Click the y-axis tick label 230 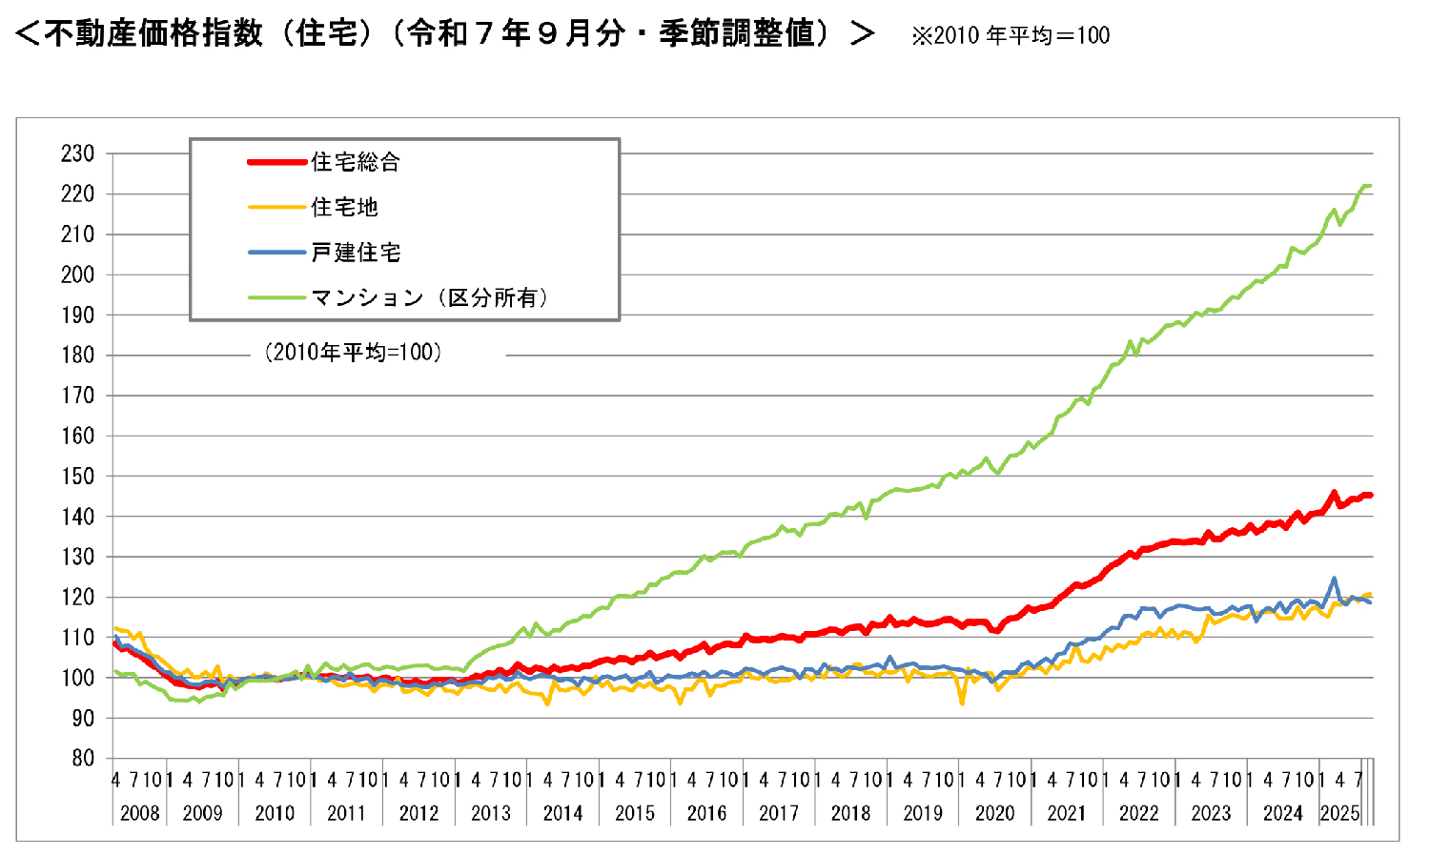pyautogui.click(x=77, y=153)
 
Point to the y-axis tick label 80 pyautogui.click(x=83, y=759)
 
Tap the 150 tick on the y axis pyautogui.click(x=77, y=477)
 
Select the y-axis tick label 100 pyautogui.click(x=77, y=678)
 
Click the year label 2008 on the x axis pyautogui.click(x=139, y=814)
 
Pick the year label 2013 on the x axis pyautogui.click(x=491, y=814)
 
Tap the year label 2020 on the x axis pyautogui.click(x=994, y=814)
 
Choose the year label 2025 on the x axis pyautogui.click(x=1339, y=814)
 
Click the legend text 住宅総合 pyautogui.click(x=356, y=162)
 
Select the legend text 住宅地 pyautogui.click(x=344, y=207)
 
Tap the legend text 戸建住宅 pyautogui.click(x=356, y=253)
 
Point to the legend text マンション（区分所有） pyautogui.click(x=430, y=297)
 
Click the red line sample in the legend pyautogui.click(x=277, y=162)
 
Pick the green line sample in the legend pyautogui.click(x=277, y=297)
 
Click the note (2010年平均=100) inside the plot pyautogui.click(x=353, y=353)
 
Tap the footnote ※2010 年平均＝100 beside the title pyautogui.click(x=1011, y=36)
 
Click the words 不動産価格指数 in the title pyautogui.click(x=153, y=34)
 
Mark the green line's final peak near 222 pyautogui.click(x=1367, y=186)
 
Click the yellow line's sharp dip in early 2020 pyautogui.click(x=962, y=703)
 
